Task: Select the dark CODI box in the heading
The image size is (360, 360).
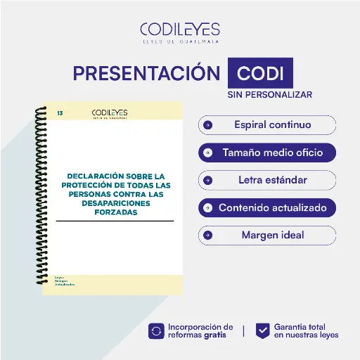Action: (x=260, y=74)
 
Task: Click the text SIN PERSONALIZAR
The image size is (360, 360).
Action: (x=269, y=94)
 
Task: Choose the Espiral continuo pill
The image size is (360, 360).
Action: (x=267, y=125)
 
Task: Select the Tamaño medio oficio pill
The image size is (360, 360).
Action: (x=267, y=152)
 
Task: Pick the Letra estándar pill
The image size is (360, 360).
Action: (x=267, y=180)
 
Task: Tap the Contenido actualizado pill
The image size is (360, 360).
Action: (x=267, y=208)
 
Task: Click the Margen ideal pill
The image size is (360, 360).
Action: (x=267, y=235)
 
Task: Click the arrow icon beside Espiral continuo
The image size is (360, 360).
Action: (x=207, y=125)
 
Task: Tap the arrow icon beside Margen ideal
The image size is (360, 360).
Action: (x=207, y=235)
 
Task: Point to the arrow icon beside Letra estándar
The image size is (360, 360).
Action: (x=207, y=180)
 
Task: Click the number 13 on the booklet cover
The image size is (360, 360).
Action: (x=60, y=112)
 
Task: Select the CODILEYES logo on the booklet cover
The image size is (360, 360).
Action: (x=109, y=113)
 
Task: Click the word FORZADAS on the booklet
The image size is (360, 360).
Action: (x=114, y=212)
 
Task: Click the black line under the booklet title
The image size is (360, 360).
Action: (x=114, y=221)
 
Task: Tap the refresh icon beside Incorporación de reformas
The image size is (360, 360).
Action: (x=156, y=330)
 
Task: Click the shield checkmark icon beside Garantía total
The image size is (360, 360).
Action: (x=262, y=330)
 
